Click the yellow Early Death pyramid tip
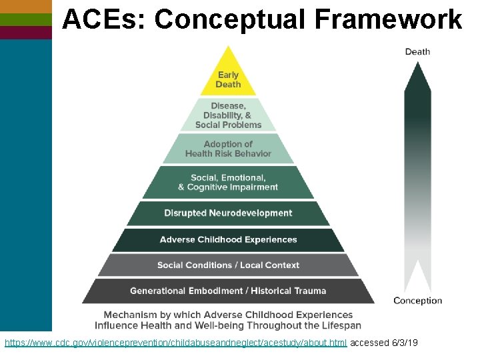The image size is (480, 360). pos(228,79)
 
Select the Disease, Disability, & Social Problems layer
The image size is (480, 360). pos(228,115)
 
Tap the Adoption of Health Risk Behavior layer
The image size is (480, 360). pos(228,149)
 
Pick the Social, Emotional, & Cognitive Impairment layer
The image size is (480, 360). pos(228,182)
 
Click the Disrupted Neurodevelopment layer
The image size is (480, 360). pos(228,213)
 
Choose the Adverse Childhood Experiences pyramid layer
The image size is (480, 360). pos(228,239)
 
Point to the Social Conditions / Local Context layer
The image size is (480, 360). pos(228,265)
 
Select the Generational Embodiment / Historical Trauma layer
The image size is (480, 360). pos(228,291)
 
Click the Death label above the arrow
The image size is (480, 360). pos(417,51)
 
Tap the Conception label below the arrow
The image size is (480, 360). pos(417,301)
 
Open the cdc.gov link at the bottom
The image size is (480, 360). pos(175,343)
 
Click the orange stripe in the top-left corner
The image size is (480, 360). pos(26,6)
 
